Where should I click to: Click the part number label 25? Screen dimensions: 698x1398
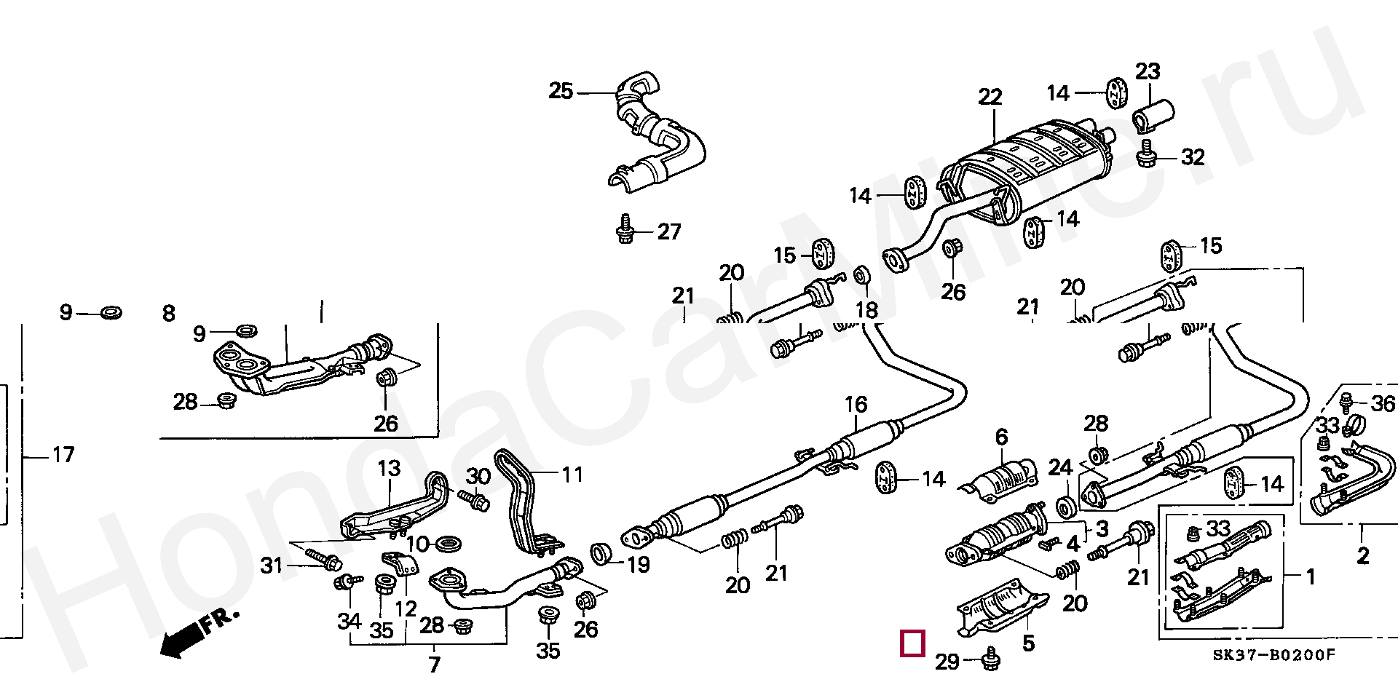pyautogui.click(x=561, y=92)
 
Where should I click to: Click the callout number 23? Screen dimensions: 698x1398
pyautogui.click(x=1148, y=71)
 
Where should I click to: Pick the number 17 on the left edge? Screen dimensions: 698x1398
pyautogui.click(x=63, y=455)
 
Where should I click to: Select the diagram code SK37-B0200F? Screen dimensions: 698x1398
pyautogui.click(x=1273, y=655)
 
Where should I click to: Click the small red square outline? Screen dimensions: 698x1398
pyautogui.click(x=912, y=643)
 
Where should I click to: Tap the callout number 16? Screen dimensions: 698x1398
pyautogui.click(x=856, y=404)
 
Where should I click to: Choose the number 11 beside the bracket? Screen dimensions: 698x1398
pyautogui.click(x=572, y=475)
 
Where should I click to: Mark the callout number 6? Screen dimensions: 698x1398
pyautogui.click(x=1002, y=437)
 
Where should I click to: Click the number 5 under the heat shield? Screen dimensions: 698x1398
pyautogui.click(x=1028, y=643)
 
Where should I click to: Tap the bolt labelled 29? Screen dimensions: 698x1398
pyautogui.click(x=990, y=659)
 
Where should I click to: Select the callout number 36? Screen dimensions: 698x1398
pyautogui.click(x=1383, y=403)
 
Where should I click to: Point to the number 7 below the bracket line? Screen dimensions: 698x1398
pyautogui.click(x=434, y=664)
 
